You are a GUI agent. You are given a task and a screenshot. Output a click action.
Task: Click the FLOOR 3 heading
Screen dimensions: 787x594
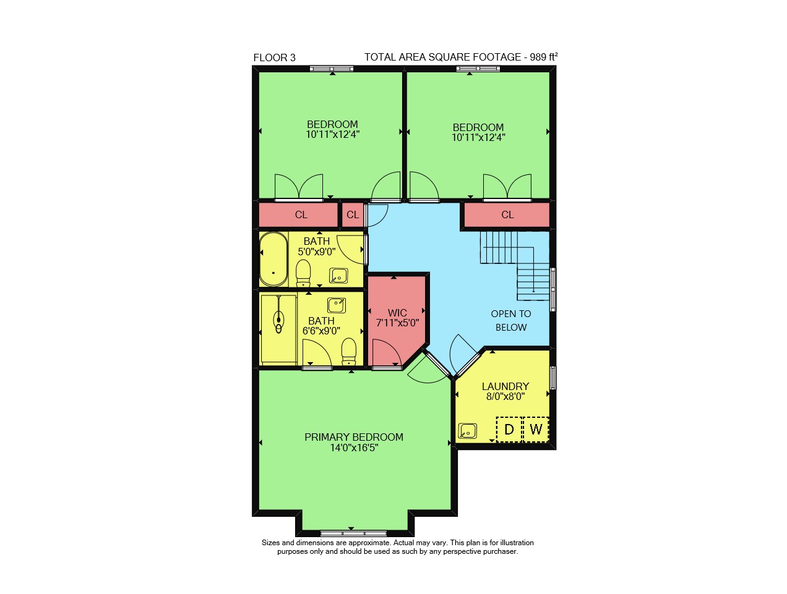click(274, 57)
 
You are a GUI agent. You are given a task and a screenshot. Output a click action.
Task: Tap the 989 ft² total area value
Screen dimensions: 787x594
click(544, 57)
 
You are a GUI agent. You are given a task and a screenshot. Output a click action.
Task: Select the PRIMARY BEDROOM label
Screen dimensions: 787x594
click(354, 437)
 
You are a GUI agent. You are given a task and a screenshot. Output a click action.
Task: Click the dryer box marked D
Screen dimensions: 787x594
click(509, 430)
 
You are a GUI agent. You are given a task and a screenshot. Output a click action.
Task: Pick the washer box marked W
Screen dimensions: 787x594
click(536, 430)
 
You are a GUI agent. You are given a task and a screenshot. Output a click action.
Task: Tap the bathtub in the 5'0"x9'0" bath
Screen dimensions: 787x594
click(273, 259)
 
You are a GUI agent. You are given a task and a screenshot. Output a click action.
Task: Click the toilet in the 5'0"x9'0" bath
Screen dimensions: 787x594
click(303, 273)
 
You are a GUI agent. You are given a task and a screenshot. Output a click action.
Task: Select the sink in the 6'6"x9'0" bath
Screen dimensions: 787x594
click(337, 306)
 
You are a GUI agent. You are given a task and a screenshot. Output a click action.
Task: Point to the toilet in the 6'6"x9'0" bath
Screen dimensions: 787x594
click(348, 352)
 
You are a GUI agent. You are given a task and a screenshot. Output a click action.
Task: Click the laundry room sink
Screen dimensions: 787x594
click(468, 431)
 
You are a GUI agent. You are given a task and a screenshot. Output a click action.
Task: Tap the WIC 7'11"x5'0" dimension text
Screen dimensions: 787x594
click(397, 323)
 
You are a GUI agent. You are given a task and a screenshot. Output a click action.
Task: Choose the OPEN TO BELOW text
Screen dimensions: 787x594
click(511, 320)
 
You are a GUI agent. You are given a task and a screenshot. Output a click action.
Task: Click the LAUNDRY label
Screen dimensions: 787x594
click(505, 386)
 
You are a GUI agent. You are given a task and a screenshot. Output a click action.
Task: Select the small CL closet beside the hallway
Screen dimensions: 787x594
click(353, 215)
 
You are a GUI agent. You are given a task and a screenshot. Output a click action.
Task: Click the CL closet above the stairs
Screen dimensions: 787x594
click(507, 215)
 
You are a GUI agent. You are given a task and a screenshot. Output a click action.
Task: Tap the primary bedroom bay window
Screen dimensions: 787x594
click(353, 533)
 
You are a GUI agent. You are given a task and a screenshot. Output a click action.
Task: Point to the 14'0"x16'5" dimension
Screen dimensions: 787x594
click(355, 448)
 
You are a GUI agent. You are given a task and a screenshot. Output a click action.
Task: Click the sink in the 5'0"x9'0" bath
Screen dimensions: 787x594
click(338, 276)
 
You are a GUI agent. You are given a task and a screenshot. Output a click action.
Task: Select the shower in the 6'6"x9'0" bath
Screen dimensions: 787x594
click(278, 330)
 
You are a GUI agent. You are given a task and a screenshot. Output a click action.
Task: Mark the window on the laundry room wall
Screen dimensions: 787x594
click(553, 378)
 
